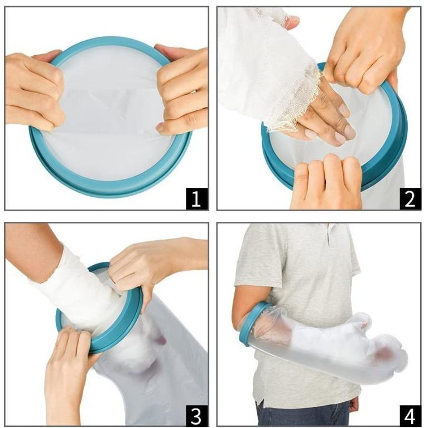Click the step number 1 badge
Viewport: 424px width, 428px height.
pos(196,198)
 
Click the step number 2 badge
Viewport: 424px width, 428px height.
pos(409,198)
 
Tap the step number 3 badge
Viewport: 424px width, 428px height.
pos(196,415)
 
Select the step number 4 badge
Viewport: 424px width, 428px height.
pos(409,415)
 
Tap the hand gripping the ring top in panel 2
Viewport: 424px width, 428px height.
pos(363,50)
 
